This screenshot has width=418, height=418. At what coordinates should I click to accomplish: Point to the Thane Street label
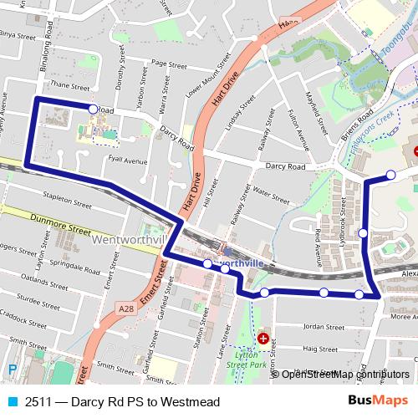[x=69, y=85]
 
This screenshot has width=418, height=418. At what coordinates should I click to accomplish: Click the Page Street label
[x=170, y=64]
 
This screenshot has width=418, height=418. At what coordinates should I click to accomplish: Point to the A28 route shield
[x=127, y=309]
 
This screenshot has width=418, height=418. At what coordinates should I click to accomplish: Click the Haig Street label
[x=319, y=349]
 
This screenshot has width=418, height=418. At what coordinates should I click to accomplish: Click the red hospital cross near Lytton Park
[x=263, y=339]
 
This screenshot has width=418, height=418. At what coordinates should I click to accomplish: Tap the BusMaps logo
[x=377, y=400]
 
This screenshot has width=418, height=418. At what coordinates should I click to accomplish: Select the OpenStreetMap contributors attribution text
[x=344, y=374]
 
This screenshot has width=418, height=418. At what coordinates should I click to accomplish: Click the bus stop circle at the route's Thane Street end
[x=93, y=109]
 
